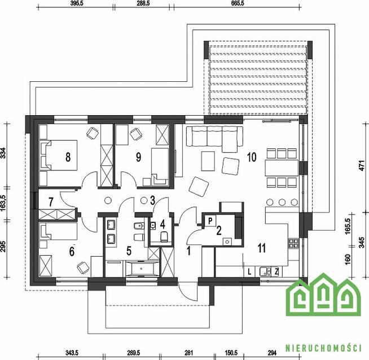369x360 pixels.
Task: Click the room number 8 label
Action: click(68, 157)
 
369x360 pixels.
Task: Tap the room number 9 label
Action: click(139, 157)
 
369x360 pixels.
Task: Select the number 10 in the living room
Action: click(252, 157)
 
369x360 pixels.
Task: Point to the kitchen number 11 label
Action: click(262, 248)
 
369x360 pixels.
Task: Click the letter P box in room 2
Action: click(210, 221)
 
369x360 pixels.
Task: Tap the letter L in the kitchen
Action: click(249, 272)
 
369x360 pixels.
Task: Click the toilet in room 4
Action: click(164, 236)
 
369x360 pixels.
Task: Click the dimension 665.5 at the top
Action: click(238, 3)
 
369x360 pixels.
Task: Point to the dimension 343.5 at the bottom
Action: click(72, 353)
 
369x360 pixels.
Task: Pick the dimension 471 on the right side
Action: click(362, 165)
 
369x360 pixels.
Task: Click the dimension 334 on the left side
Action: click(3, 153)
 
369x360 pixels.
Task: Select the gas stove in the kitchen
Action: click(294, 244)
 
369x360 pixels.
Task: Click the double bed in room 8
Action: click(58, 155)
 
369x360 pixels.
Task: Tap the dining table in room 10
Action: click(282, 168)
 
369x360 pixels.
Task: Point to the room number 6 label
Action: click(72, 251)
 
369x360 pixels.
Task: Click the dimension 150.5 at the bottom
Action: click(231, 353)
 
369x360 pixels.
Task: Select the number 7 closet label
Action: click(51, 202)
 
